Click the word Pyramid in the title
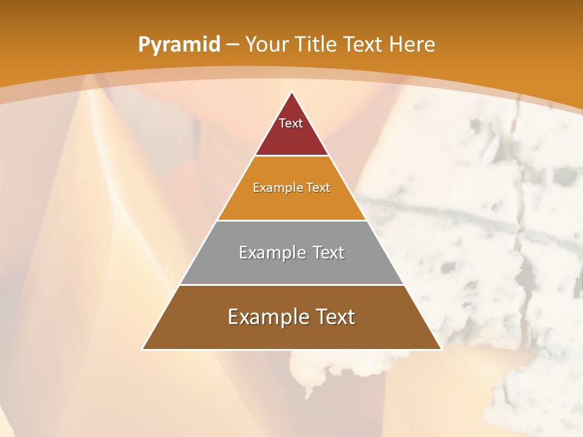(x=179, y=44)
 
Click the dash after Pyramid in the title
(x=232, y=45)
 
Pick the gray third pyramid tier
(x=291, y=267)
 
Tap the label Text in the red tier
(x=291, y=123)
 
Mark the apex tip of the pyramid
(x=291, y=93)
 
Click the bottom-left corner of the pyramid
(x=143, y=348)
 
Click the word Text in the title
(x=363, y=44)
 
